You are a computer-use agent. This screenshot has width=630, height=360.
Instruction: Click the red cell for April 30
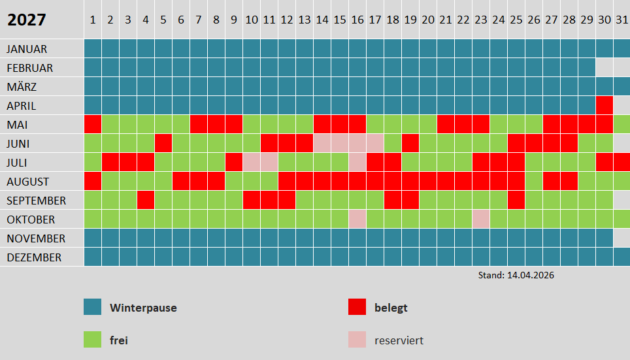[605, 105]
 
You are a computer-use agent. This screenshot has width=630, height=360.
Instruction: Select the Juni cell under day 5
[163, 143]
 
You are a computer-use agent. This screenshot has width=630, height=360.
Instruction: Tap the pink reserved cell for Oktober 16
[357, 219]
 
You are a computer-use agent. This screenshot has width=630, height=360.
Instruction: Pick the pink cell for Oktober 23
[481, 219]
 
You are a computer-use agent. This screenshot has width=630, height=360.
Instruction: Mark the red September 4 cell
[146, 200]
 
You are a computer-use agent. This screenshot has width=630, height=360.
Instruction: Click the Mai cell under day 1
[93, 124]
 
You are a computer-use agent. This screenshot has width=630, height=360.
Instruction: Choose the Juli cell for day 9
[234, 162]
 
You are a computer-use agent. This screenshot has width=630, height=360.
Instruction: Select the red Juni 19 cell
[410, 143]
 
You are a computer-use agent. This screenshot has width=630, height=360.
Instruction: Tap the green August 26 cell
[534, 181]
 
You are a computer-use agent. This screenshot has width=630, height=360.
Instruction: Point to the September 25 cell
[516, 200]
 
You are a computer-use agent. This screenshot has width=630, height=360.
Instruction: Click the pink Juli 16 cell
[357, 162]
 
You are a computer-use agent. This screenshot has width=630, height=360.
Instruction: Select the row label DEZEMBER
[34, 257]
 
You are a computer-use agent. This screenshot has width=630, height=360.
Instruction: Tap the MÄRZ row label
[22, 87]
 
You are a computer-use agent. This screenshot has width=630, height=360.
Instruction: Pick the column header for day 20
[427, 20]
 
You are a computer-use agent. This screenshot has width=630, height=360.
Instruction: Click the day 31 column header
[622, 20]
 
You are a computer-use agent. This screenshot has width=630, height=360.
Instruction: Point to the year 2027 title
[27, 20]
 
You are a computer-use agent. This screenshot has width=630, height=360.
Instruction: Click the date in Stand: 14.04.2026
[530, 275]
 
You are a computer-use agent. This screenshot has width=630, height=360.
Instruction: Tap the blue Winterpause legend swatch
[93, 307]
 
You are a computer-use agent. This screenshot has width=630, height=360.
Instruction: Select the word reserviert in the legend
[399, 340]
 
